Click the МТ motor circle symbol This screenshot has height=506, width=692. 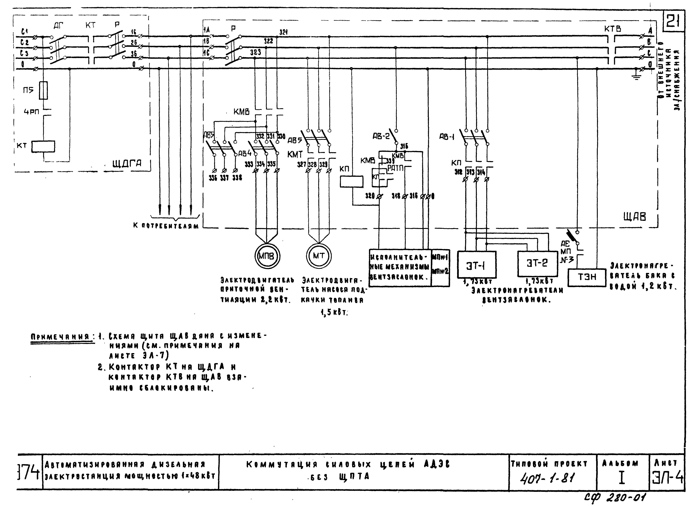319,256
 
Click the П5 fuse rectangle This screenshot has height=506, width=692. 44,90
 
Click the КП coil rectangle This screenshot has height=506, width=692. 352,181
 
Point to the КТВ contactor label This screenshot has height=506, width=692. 612,29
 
